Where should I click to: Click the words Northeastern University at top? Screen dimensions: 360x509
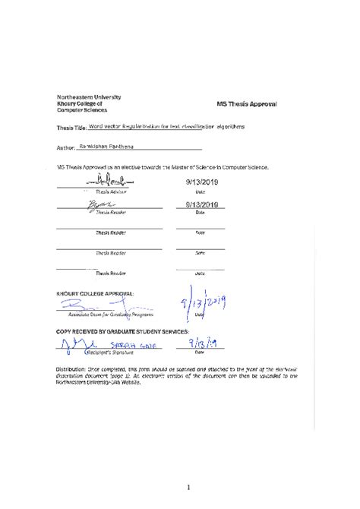click(89, 97)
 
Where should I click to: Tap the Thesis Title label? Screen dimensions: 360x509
click(71, 128)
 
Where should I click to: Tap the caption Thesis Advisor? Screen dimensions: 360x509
click(111, 193)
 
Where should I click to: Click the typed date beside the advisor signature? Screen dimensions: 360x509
click(201, 183)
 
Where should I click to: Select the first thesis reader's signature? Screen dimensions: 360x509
click(100, 205)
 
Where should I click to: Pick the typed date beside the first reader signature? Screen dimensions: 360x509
click(201, 204)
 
